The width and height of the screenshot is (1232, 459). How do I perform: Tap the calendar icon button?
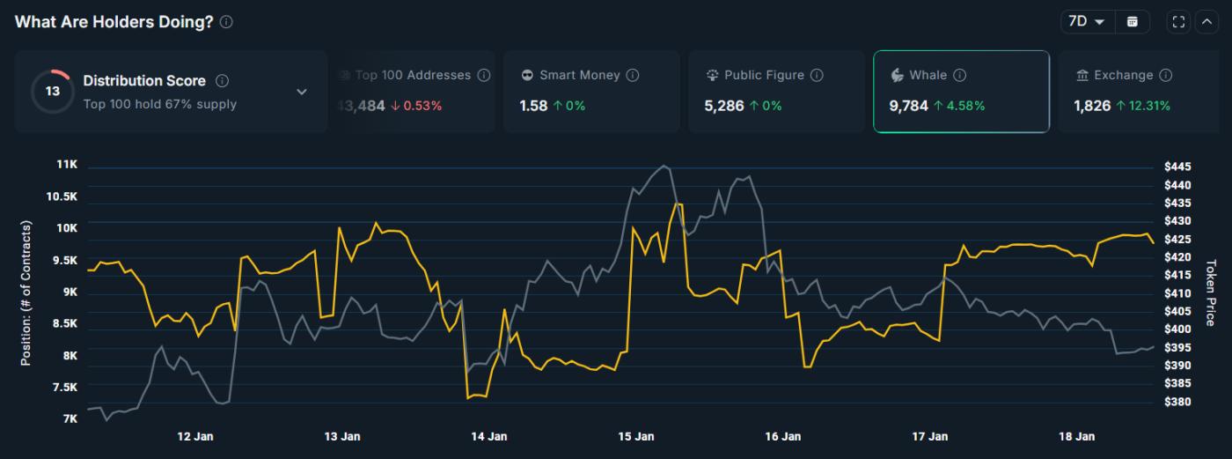pyautogui.click(x=1133, y=22)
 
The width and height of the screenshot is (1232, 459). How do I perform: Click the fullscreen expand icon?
pyautogui.click(x=1179, y=22)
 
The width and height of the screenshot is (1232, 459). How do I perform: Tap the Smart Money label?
pyautogui.click(x=580, y=76)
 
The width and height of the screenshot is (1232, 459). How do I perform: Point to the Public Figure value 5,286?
pyautogui.click(x=722, y=106)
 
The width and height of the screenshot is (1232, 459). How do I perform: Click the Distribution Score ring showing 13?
pyautogui.click(x=53, y=92)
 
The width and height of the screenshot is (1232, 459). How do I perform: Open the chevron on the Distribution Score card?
pyautogui.click(x=302, y=92)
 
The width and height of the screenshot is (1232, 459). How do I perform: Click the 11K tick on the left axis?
pyautogui.click(x=67, y=165)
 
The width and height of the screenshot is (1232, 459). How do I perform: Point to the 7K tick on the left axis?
pyautogui.click(x=70, y=418)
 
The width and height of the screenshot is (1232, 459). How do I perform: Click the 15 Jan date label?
pyautogui.click(x=636, y=436)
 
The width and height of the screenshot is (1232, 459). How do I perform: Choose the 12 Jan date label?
pyautogui.click(x=195, y=436)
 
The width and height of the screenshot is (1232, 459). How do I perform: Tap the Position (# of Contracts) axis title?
pyautogui.click(x=26, y=293)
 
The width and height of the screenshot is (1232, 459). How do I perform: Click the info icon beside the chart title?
pyautogui.click(x=226, y=22)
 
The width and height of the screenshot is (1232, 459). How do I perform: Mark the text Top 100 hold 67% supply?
pyautogui.click(x=160, y=104)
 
